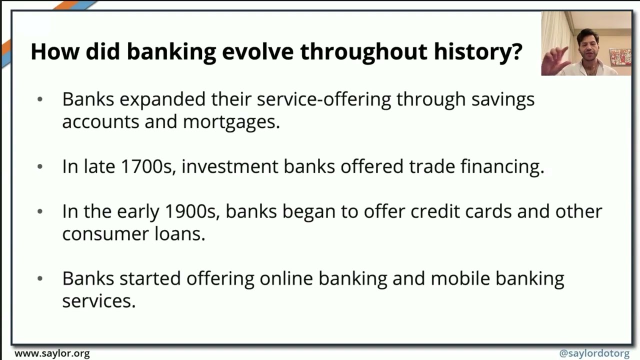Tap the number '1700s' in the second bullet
pos(148,166)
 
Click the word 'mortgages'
pos(231,122)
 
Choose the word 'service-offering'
pos(323,99)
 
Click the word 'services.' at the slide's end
pos(98,301)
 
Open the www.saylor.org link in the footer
pos(52,353)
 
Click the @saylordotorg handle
pos(594,353)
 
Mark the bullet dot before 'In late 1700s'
pos(40,166)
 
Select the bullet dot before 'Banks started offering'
pos(40,278)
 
